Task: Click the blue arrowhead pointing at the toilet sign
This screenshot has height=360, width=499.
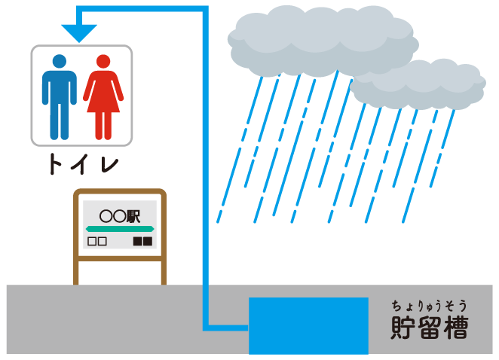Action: tap(79, 32)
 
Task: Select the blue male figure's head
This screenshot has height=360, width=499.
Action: tap(60, 61)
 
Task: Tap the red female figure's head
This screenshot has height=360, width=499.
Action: tap(103, 61)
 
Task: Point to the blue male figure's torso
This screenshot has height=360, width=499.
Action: tap(60, 87)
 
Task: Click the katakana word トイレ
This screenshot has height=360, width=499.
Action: tap(84, 163)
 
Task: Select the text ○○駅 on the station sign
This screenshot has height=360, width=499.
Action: tap(120, 216)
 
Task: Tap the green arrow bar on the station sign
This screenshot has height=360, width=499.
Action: tap(120, 229)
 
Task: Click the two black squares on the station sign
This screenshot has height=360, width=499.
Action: tap(142, 241)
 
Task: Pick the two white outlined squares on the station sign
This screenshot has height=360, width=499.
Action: tap(96, 241)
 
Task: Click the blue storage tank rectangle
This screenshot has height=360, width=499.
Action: tap(308, 325)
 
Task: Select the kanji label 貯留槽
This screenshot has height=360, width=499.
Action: tap(430, 327)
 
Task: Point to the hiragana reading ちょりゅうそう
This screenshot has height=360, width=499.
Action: tap(429, 306)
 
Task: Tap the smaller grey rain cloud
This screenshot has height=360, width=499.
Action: tap(418, 84)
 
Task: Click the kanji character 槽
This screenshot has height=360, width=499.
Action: tap(456, 327)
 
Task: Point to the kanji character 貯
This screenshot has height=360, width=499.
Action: tap(403, 328)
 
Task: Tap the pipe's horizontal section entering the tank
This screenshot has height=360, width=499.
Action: tap(225, 328)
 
